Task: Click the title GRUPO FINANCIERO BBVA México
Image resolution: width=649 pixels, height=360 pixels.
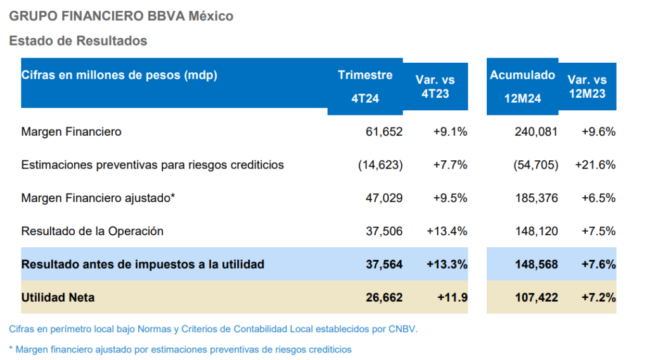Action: [121, 16]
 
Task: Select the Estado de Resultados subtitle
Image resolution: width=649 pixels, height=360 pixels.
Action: [78, 41]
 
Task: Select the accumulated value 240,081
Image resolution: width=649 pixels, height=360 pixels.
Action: [537, 132]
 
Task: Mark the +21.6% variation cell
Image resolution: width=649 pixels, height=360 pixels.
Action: [595, 165]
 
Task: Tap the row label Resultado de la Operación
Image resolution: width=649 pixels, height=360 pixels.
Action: [93, 231]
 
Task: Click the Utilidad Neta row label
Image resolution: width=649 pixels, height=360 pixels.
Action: [58, 297]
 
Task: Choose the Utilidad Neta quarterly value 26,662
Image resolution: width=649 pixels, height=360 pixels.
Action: [384, 297]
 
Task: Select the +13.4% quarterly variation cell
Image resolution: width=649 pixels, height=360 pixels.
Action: [447, 231]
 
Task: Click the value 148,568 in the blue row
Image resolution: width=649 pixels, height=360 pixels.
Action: [537, 264]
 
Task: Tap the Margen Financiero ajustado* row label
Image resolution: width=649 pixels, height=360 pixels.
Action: [98, 198]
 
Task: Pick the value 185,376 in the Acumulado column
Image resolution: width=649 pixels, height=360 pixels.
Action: [537, 198]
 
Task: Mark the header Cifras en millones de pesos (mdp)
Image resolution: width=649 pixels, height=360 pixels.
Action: [119, 75]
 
